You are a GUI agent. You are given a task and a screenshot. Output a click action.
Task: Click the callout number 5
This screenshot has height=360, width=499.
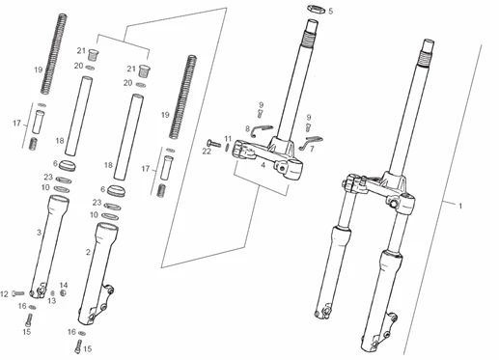click(330, 11)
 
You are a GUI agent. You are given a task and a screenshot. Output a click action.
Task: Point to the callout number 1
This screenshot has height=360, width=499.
click(460, 206)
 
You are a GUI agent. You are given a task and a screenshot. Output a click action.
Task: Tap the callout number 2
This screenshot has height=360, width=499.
click(89, 252)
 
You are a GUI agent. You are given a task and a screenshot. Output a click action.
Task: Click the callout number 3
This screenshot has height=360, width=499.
click(38, 233)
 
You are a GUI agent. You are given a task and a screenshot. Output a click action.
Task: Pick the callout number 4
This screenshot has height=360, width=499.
click(263, 166)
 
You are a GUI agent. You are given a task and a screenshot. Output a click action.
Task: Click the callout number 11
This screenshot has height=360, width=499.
click(229, 139)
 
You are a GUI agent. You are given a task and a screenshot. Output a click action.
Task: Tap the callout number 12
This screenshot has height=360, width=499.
click(5, 292)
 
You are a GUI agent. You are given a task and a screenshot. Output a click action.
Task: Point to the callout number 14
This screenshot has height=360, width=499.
click(64, 285)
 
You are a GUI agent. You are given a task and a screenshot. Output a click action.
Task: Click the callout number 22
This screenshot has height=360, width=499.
click(206, 151)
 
